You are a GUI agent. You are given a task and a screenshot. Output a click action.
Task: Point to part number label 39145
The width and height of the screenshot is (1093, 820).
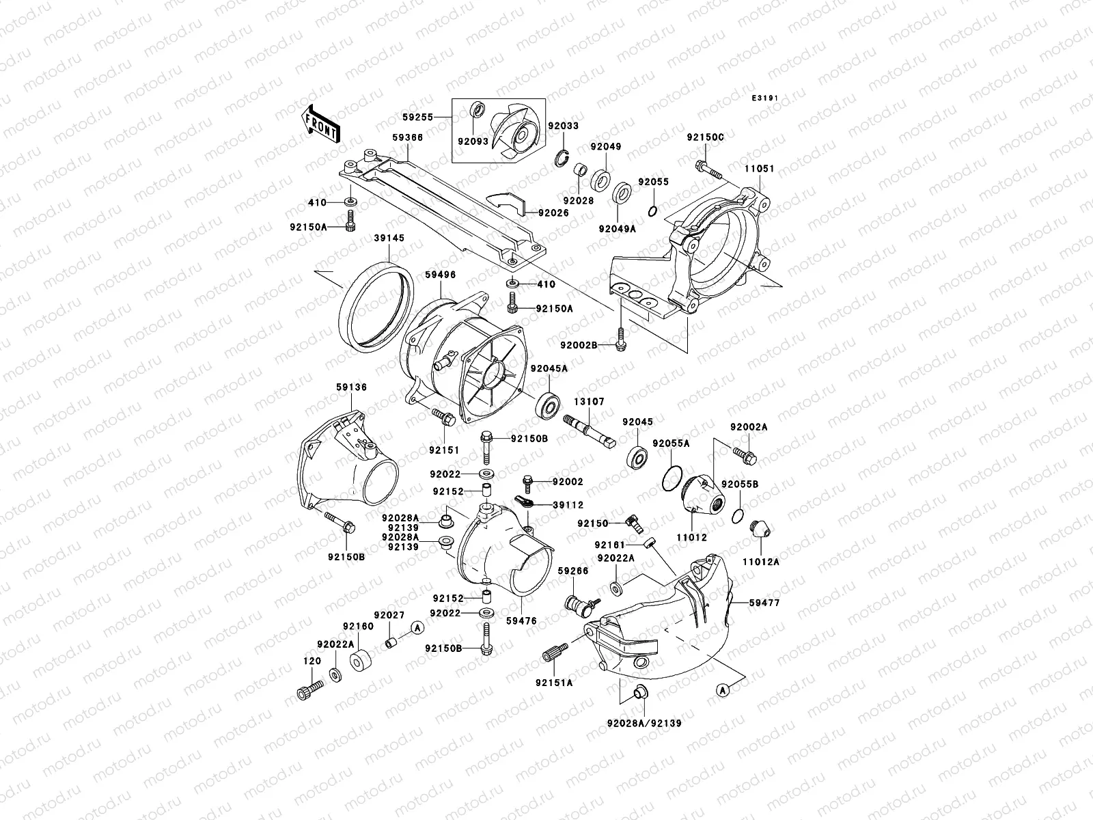(x=389, y=238)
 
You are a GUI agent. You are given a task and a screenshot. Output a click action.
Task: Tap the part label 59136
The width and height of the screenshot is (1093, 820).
(x=352, y=387)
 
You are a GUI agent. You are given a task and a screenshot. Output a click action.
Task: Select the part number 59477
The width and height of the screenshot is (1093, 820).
(x=764, y=603)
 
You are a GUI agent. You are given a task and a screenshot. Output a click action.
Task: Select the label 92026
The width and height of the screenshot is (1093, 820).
(x=553, y=213)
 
